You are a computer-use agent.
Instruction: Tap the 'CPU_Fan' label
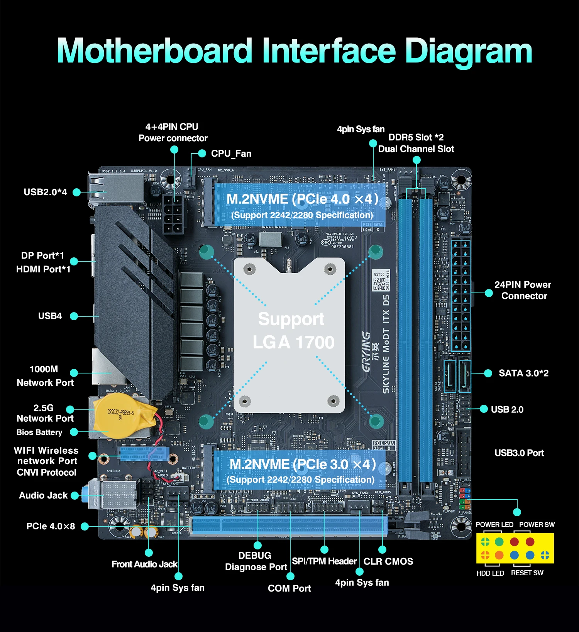point(231,154)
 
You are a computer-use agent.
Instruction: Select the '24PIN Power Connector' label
point(523,290)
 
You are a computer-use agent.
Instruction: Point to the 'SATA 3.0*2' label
point(523,373)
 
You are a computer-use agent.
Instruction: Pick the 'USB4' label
point(50,316)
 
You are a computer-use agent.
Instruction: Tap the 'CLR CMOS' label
point(388,561)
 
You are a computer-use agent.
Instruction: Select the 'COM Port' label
point(289,588)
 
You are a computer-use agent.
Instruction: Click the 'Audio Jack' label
point(43,495)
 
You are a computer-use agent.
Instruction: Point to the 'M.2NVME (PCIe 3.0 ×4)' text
point(302,465)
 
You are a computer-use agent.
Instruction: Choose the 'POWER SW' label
point(537,525)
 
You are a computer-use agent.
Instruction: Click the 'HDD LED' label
point(490,573)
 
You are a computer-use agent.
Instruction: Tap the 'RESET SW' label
point(527,573)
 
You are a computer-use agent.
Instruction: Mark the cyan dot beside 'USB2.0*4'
point(77,192)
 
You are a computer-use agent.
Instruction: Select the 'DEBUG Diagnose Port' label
point(256,561)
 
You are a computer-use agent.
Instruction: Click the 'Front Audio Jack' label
point(144,564)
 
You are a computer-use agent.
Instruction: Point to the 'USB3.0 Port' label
point(519,453)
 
